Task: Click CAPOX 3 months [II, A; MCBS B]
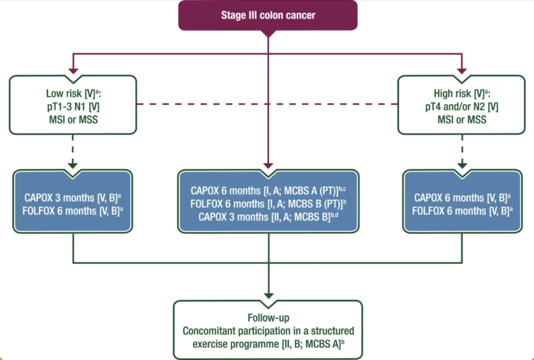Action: pos(268,217)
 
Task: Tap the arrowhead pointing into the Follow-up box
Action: pos(268,295)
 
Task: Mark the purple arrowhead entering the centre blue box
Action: pos(268,166)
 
